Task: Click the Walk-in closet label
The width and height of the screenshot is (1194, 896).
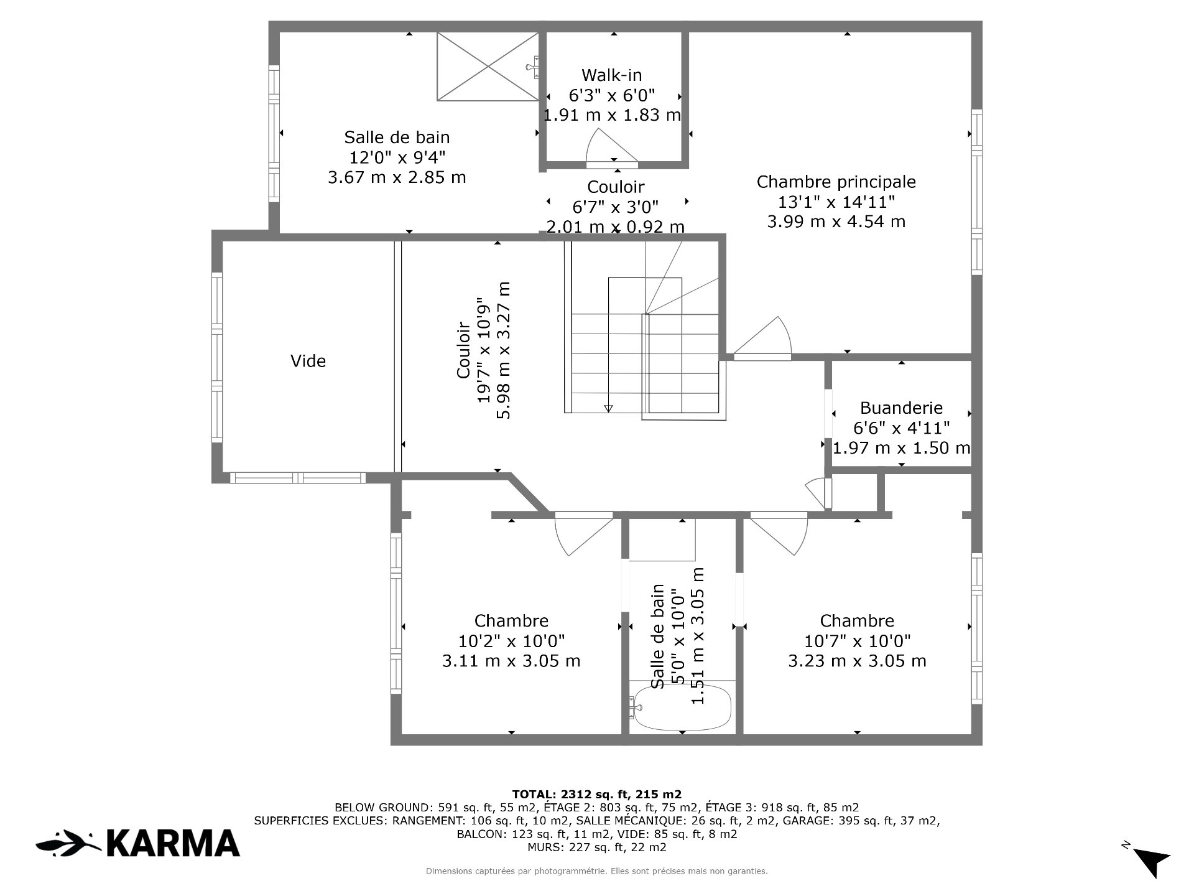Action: tap(611, 75)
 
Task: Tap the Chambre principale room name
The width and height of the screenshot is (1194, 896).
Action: tap(836, 182)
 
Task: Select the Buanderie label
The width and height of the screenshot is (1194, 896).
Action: tap(901, 408)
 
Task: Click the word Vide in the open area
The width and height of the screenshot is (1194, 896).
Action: tap(308, 361)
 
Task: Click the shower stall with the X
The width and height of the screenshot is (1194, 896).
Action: tap(488, 66)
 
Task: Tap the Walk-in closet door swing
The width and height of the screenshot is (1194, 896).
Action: tap(613, 147)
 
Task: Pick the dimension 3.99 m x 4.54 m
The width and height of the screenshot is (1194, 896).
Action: tap(836, 222)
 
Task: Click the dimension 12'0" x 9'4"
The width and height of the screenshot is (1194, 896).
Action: tap(397, 157)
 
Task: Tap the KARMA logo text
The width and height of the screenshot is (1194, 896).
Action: tap(174, 843)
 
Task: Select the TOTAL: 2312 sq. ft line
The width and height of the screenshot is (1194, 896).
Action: tap(597, 794)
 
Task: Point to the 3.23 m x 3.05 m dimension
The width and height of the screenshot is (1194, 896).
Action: tap(857, 661)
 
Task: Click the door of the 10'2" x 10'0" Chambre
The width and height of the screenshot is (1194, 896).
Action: tap(583, 533)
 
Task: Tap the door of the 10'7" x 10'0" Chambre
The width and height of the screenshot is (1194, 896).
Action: tap(779, 533)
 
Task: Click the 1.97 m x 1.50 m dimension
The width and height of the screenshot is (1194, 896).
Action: tap(901, 447)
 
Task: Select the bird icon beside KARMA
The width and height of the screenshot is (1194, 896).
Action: tap(68, 843)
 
